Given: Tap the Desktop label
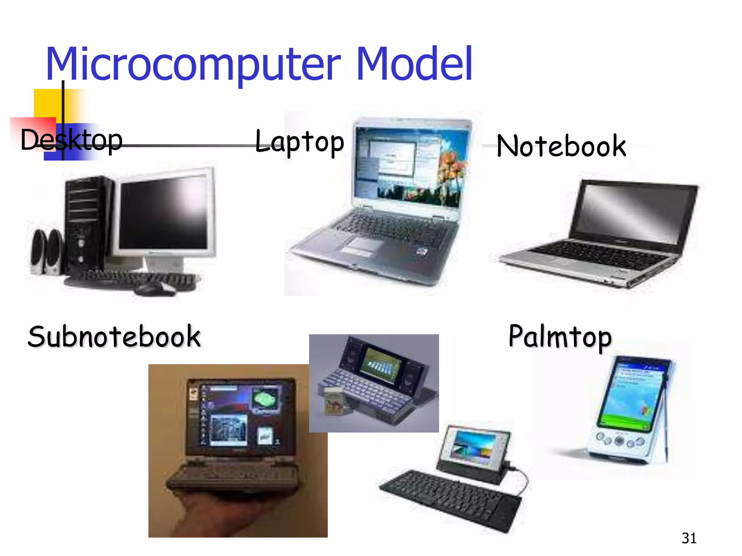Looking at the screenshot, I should click(71, 140).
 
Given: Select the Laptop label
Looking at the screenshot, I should click(299, 142).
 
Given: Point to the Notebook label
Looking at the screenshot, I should click(561, 146).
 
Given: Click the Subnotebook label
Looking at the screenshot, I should click(114, 337).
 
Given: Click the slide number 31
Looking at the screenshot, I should click(689, 538).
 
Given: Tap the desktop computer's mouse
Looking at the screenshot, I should click(154, 288).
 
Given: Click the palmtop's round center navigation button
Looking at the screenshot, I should click(620, 441).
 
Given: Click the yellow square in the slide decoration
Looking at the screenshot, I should click(47, 103).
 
